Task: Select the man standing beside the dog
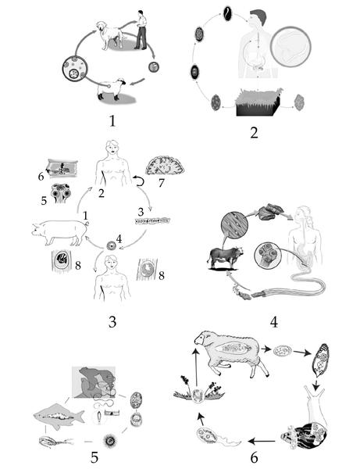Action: pyautogui.click(x=141, y=30)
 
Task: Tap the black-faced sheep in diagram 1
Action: pyautogui.click(x=111, y=89)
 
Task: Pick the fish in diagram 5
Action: pyautogui.click(x=59, y=416)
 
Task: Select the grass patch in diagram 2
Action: pyautogui.click(x=258, y=102)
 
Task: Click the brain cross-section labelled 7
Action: pyautogui.click(x=165, y=165)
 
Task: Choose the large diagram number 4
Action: pyautogui.click(x=274, y=322)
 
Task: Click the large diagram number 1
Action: pyautogui.click(x=112, y=121)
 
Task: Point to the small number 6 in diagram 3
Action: pyautogui.click(x=41, y=177)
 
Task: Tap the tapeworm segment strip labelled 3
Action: pyautogui.click(x=152, y=221)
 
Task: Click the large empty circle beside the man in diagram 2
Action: pyautogui.click(x=290, y=47)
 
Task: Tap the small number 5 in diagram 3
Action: pyautogui.click(x=44, y=200)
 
